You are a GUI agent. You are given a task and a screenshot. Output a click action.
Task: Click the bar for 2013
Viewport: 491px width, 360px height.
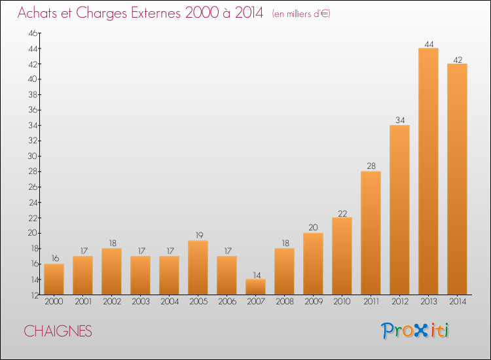pos(428,171)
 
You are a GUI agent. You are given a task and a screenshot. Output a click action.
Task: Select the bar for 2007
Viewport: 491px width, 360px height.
pos(255,287)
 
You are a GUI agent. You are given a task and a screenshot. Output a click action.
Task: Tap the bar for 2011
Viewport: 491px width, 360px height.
pos(371,233)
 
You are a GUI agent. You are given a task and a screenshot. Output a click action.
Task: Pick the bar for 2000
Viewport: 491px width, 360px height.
pos(54,279)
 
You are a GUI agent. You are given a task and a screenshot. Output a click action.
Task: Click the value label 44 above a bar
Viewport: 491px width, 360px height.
pos(429,44)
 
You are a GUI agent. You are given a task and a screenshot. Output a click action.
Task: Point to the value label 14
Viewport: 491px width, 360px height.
pos(257,275)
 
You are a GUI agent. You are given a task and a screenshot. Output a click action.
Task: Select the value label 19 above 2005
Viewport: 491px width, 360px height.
pos(199,235)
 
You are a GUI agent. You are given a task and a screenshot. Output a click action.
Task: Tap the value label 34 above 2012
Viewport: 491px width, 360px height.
pos(400,120)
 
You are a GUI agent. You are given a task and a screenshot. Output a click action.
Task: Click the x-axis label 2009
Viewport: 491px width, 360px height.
pos(314,301)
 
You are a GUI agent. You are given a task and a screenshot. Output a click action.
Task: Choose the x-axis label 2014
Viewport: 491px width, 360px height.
pos(458,301)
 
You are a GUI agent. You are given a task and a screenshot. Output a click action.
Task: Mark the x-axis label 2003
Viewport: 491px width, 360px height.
pos(141,301)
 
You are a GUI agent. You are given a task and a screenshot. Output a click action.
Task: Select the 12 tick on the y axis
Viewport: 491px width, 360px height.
pos(35,295)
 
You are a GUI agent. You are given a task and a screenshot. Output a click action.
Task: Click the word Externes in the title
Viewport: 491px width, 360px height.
pos(156,13)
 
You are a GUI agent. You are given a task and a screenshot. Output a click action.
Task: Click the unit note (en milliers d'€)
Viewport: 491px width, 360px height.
pos(301,14)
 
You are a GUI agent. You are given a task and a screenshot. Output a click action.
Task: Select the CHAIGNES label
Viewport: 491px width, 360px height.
pos(58,331)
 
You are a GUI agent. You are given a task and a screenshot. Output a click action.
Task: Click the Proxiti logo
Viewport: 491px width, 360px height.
pos(415,331)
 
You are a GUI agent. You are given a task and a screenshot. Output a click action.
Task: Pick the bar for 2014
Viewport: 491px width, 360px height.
pos(457,179)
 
